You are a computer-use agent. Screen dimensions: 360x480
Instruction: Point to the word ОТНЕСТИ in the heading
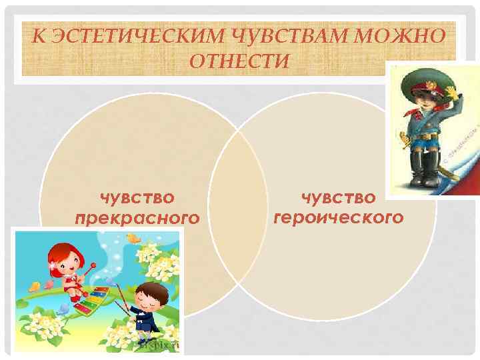tap(240, 61)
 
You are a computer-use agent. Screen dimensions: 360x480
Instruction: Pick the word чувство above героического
tap(338, 197)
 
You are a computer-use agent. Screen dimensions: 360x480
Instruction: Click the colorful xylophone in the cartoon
tap(91, 301)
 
